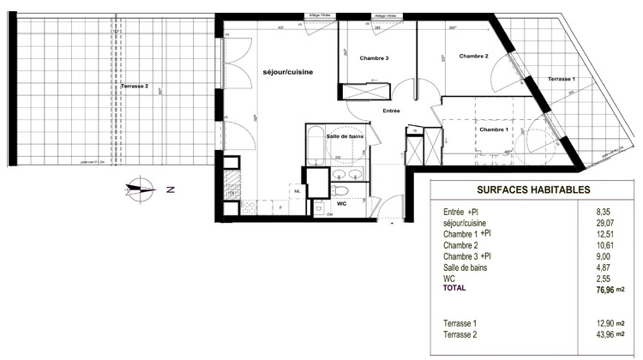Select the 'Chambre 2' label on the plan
pos(473,57)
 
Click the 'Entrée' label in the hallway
pos(391,111)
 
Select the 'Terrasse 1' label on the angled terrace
pos(562,79)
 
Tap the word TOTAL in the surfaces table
pos(455,289)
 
